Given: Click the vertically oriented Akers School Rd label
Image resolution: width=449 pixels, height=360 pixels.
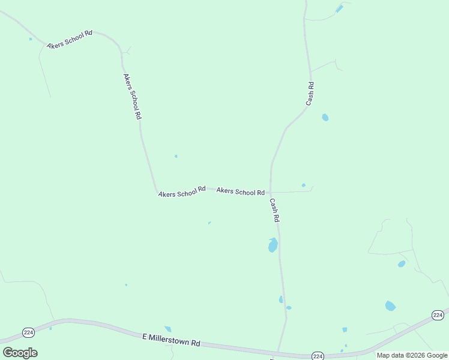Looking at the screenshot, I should [132, 97].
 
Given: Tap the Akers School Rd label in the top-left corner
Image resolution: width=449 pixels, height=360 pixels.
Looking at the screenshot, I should [70, 40].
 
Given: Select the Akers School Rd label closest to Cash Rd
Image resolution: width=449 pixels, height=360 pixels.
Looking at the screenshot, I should [240, 191].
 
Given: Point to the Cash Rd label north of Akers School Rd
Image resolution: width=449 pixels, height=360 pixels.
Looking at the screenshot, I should [310, 94].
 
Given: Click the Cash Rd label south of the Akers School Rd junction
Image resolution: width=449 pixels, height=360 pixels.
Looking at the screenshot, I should [274, 211].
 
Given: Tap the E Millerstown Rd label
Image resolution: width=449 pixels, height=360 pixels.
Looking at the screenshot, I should [171, 341].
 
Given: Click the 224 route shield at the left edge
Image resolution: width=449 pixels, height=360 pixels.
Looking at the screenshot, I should [28, 332].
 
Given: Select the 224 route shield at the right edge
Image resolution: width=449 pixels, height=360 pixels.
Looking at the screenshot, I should [438, 315].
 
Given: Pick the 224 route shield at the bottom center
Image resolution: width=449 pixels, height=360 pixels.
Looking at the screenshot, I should [318, 356].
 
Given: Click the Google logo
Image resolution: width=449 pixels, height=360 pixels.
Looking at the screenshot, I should [20, 353].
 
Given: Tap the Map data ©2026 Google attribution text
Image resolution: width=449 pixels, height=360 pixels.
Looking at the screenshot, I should [412, 355].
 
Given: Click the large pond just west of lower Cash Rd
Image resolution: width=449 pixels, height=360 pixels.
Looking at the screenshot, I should [273, 245].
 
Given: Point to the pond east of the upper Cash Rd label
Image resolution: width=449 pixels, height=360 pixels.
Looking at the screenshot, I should [325, 118].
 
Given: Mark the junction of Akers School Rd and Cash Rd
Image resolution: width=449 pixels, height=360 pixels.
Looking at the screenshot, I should [271, 193].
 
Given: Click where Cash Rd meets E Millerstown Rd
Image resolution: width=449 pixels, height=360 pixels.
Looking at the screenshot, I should [278, 352].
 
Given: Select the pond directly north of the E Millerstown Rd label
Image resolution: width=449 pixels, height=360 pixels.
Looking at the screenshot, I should [168, 329].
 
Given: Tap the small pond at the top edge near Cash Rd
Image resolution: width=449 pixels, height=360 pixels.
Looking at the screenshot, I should [339, 8].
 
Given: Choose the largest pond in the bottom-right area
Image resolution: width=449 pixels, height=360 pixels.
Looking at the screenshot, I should [390, 306].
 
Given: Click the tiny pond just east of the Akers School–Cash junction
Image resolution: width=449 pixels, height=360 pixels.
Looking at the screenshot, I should [304, 185].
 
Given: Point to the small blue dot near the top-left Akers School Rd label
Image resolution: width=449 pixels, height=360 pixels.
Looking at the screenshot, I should [31, 39].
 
